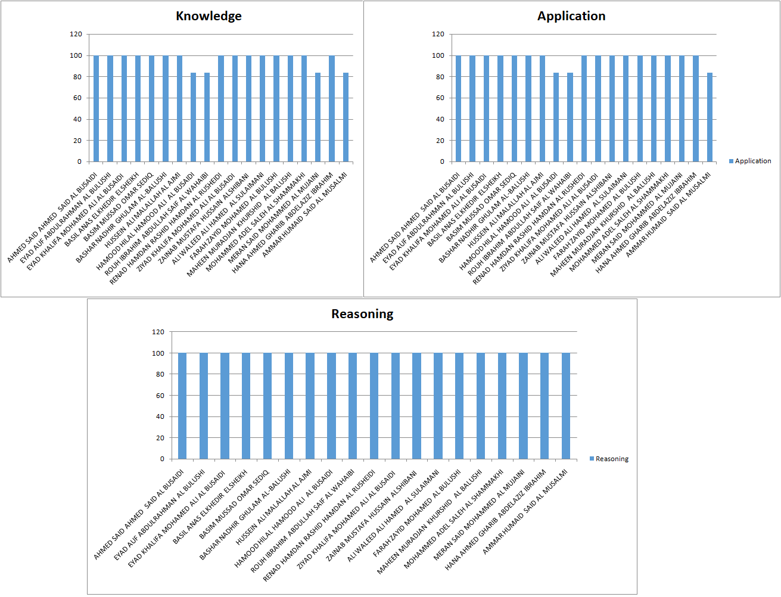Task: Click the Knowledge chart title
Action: (x=209, y=16)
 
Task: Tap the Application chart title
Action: (x=571, y=16)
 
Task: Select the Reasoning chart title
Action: (x=362, y=314)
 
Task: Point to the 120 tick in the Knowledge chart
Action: (x=76, y=34)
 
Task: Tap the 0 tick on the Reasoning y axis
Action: (x=161, y=459)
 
